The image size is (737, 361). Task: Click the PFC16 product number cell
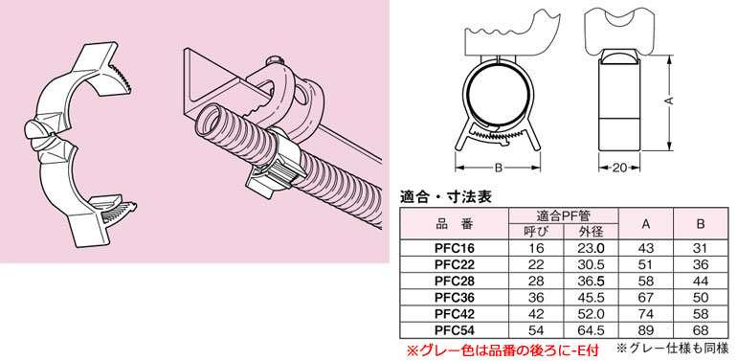point(455,248)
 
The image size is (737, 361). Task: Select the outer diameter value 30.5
point(591,264)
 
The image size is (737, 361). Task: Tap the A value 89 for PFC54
point(645,330)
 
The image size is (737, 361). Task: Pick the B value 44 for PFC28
point(701,281)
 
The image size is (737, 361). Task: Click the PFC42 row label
point(455,313)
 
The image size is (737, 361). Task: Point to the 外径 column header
point(591,231)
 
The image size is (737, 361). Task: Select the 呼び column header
point(536,231)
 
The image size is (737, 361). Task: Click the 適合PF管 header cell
point(564,216)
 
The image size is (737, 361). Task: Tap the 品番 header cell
point(454,224)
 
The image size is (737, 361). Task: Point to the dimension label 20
point(620,168)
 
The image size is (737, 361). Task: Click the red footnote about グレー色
point(502,350)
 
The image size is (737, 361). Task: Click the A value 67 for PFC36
point(645,297)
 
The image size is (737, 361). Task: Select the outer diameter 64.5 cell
point(591,330)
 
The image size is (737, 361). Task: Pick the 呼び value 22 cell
point(536,264)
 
